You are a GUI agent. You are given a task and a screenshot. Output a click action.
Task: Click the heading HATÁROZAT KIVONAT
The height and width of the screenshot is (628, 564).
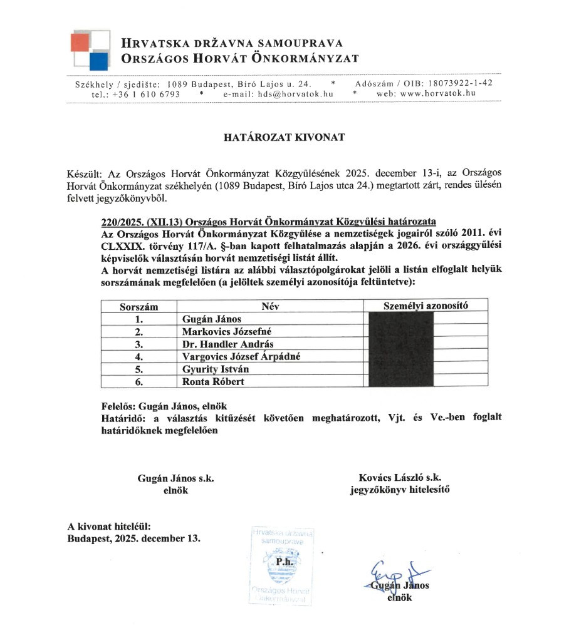click(284, 138)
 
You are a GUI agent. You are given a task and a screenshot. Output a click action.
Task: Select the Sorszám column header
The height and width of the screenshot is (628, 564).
click(139, 307)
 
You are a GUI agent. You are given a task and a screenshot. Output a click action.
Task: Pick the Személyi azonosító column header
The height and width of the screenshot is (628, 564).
click(426, 306)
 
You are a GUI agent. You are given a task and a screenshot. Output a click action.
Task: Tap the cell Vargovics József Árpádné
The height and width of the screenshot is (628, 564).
click(241, 356)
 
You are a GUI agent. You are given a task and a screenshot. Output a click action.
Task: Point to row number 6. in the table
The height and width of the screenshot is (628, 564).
click(139, 381)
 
